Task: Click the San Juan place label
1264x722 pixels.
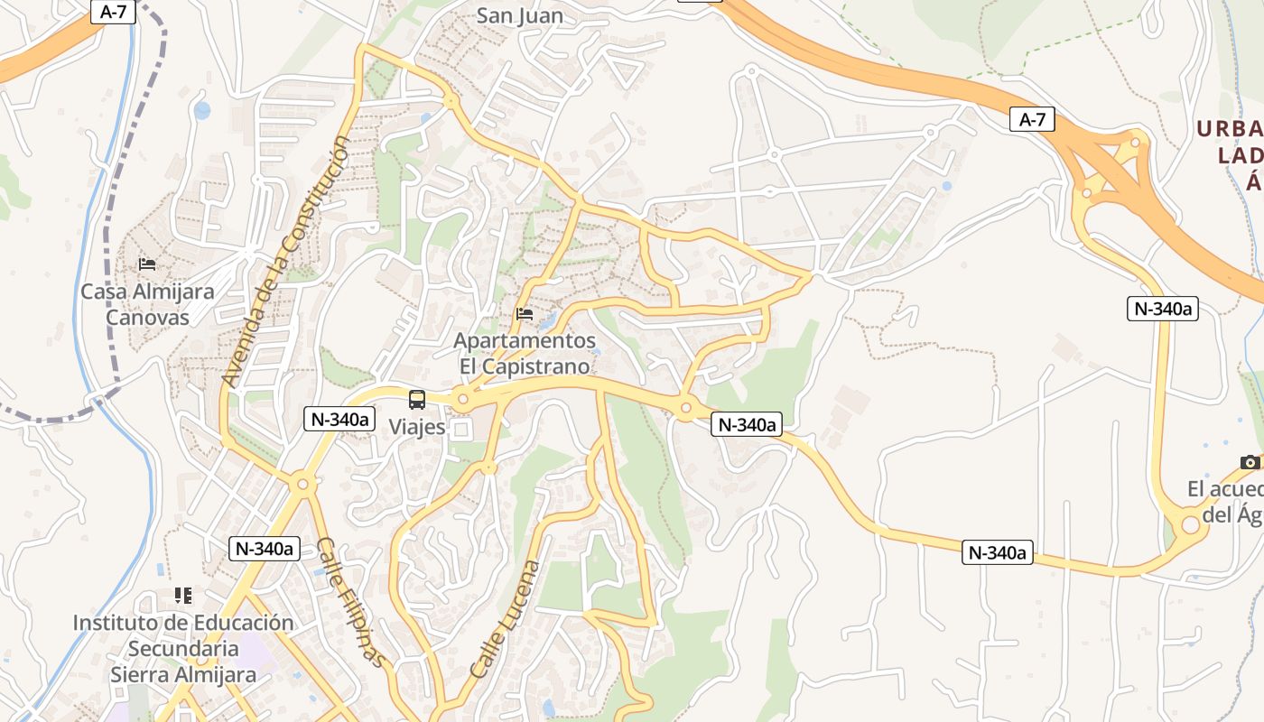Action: [x=519, y=15]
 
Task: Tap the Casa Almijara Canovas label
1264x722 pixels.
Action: [x=147, y=304]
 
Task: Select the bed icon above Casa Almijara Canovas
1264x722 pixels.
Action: [x=147, y=264]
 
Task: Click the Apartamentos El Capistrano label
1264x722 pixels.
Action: [x=525, y=354]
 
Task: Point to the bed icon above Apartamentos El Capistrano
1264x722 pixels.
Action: [x=525, y=314]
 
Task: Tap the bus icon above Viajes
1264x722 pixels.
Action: [x=417, y=399]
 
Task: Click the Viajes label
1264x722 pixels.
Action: [x=417, y=427]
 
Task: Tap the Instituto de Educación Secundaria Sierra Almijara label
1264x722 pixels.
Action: [x=183, y=648]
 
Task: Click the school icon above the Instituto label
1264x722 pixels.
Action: [x=183, y=596]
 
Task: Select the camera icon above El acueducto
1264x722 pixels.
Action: [x=1250, y=462]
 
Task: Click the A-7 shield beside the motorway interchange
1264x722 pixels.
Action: [x=1032, y=119]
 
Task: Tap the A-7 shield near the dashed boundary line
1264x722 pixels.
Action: [x=113, y=12]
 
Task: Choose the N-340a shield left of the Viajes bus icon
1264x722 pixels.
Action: [x=339, y=419]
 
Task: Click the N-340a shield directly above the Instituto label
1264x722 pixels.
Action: [x=264, y=548]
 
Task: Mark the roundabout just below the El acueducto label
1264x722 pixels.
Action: [x=1190, y=524]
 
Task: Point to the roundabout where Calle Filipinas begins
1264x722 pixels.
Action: [x=302, y=485]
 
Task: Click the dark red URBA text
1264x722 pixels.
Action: [x=1230, y=129]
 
